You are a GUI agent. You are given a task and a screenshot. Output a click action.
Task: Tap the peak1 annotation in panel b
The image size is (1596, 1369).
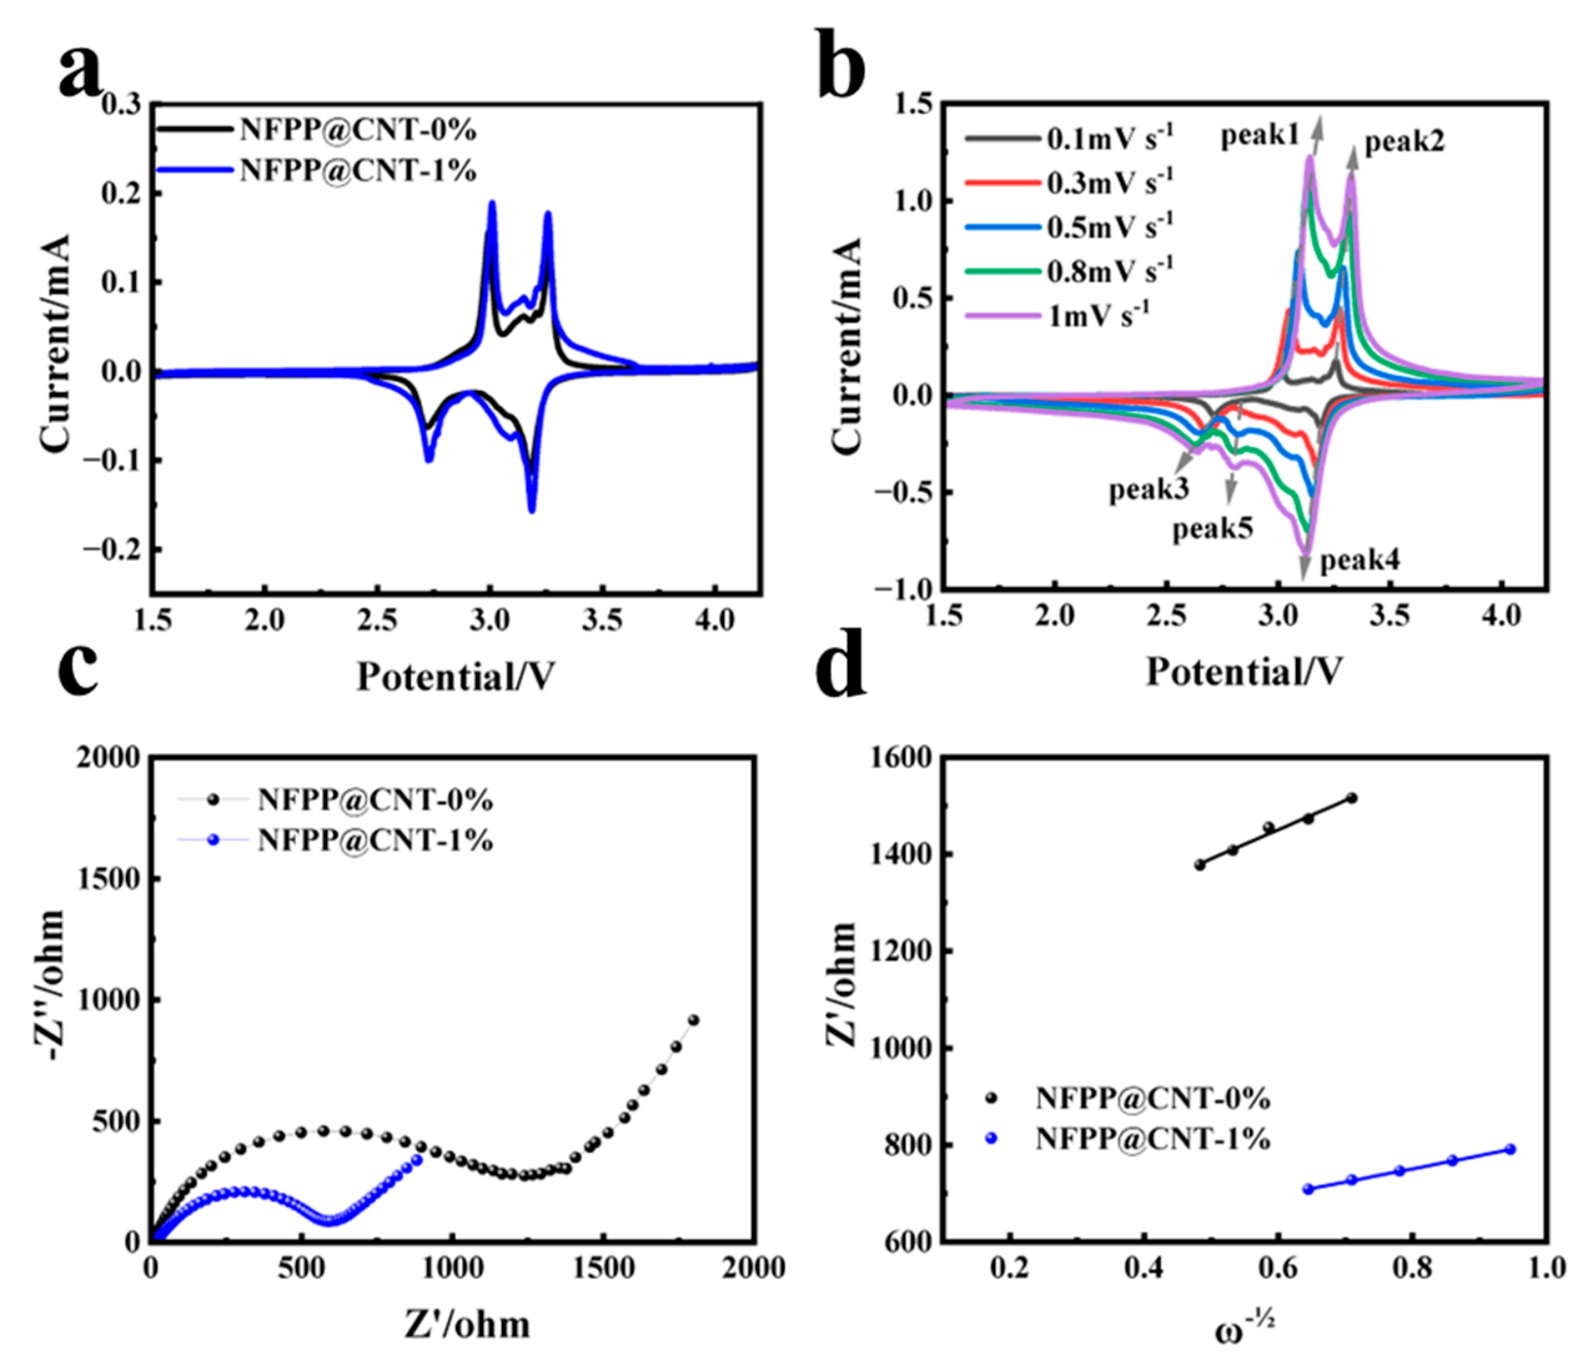pos(1260,136)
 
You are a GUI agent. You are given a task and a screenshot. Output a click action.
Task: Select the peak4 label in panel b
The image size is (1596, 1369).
pos(1360,561)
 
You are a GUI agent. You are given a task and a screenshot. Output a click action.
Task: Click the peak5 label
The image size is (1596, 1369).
pos(1212,529)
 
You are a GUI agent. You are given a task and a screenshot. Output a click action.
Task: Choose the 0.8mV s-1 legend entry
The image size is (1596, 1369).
pos(1109,270)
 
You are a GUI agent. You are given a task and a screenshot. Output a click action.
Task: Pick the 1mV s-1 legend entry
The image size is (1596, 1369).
pos(1098,315)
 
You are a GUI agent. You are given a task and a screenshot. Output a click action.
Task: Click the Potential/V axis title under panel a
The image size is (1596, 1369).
pos(454,677)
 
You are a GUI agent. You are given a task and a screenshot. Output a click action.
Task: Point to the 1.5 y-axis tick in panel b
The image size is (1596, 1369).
pos(912,104)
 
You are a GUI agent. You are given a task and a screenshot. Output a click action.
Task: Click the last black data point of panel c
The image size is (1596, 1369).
pos(693,1020)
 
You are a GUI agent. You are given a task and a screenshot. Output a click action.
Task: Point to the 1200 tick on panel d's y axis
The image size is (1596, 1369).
pos(898,951)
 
